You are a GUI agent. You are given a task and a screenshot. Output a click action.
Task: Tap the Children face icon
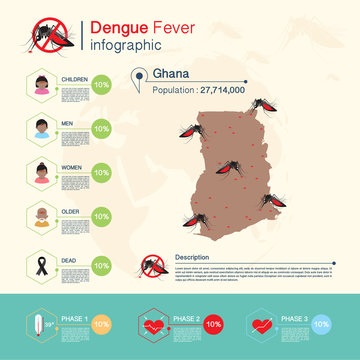(41, 85)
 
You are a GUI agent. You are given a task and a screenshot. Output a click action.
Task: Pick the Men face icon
(41, 128)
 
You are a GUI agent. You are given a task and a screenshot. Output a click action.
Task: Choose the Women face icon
(41, 171)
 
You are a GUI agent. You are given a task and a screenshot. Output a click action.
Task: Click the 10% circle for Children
(101, 85)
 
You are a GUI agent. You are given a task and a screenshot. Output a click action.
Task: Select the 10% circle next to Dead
(101, 265)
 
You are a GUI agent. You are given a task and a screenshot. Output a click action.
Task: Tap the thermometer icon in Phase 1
(36, 325)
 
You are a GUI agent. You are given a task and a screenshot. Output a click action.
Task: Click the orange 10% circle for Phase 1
(101, 325)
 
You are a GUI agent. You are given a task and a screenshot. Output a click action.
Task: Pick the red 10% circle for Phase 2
(212, 325)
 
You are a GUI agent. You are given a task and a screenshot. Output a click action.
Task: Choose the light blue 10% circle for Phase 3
(320, 325)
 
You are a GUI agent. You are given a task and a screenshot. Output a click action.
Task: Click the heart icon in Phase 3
(263, 325)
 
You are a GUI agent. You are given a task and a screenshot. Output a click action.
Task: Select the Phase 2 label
(186, 318)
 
